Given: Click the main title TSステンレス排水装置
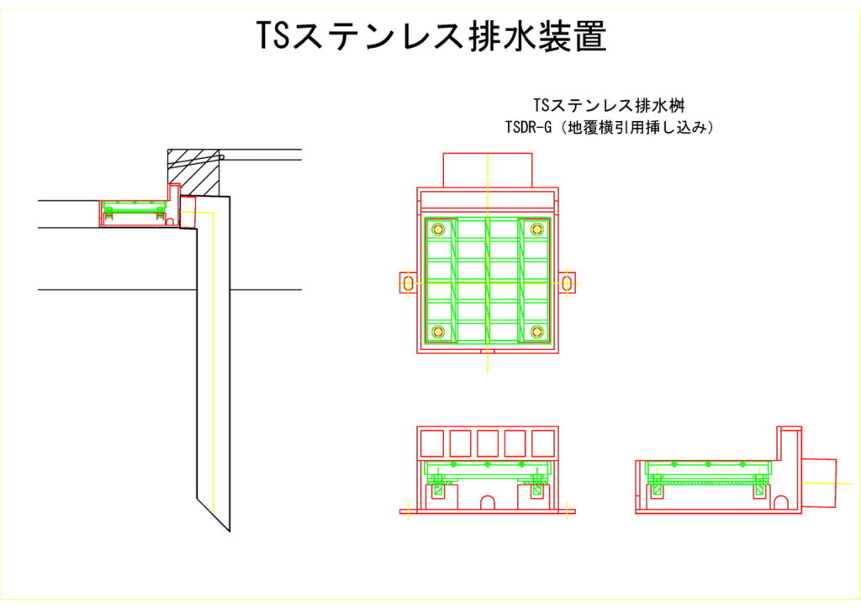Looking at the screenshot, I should click(430, 37).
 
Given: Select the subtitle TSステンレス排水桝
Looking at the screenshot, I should click(613, 106).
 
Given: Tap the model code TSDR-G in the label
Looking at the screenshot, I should click(527, 129).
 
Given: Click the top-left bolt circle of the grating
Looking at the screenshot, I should click(437, 230).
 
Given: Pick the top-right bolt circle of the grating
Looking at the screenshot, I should click(537, 230).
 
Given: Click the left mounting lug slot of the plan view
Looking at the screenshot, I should click(408, 283).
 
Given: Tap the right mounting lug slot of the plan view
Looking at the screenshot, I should click(568, 283).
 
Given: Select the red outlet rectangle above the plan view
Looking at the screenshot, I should click(488, 171).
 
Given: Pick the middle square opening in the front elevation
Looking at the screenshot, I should click(488, 442).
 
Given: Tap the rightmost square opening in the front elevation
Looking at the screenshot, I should click(543, 442).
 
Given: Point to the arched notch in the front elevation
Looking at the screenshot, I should click(487, 502).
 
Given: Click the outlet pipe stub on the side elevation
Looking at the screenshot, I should click(820, 484).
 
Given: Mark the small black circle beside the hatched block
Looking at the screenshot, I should click(223, 158).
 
